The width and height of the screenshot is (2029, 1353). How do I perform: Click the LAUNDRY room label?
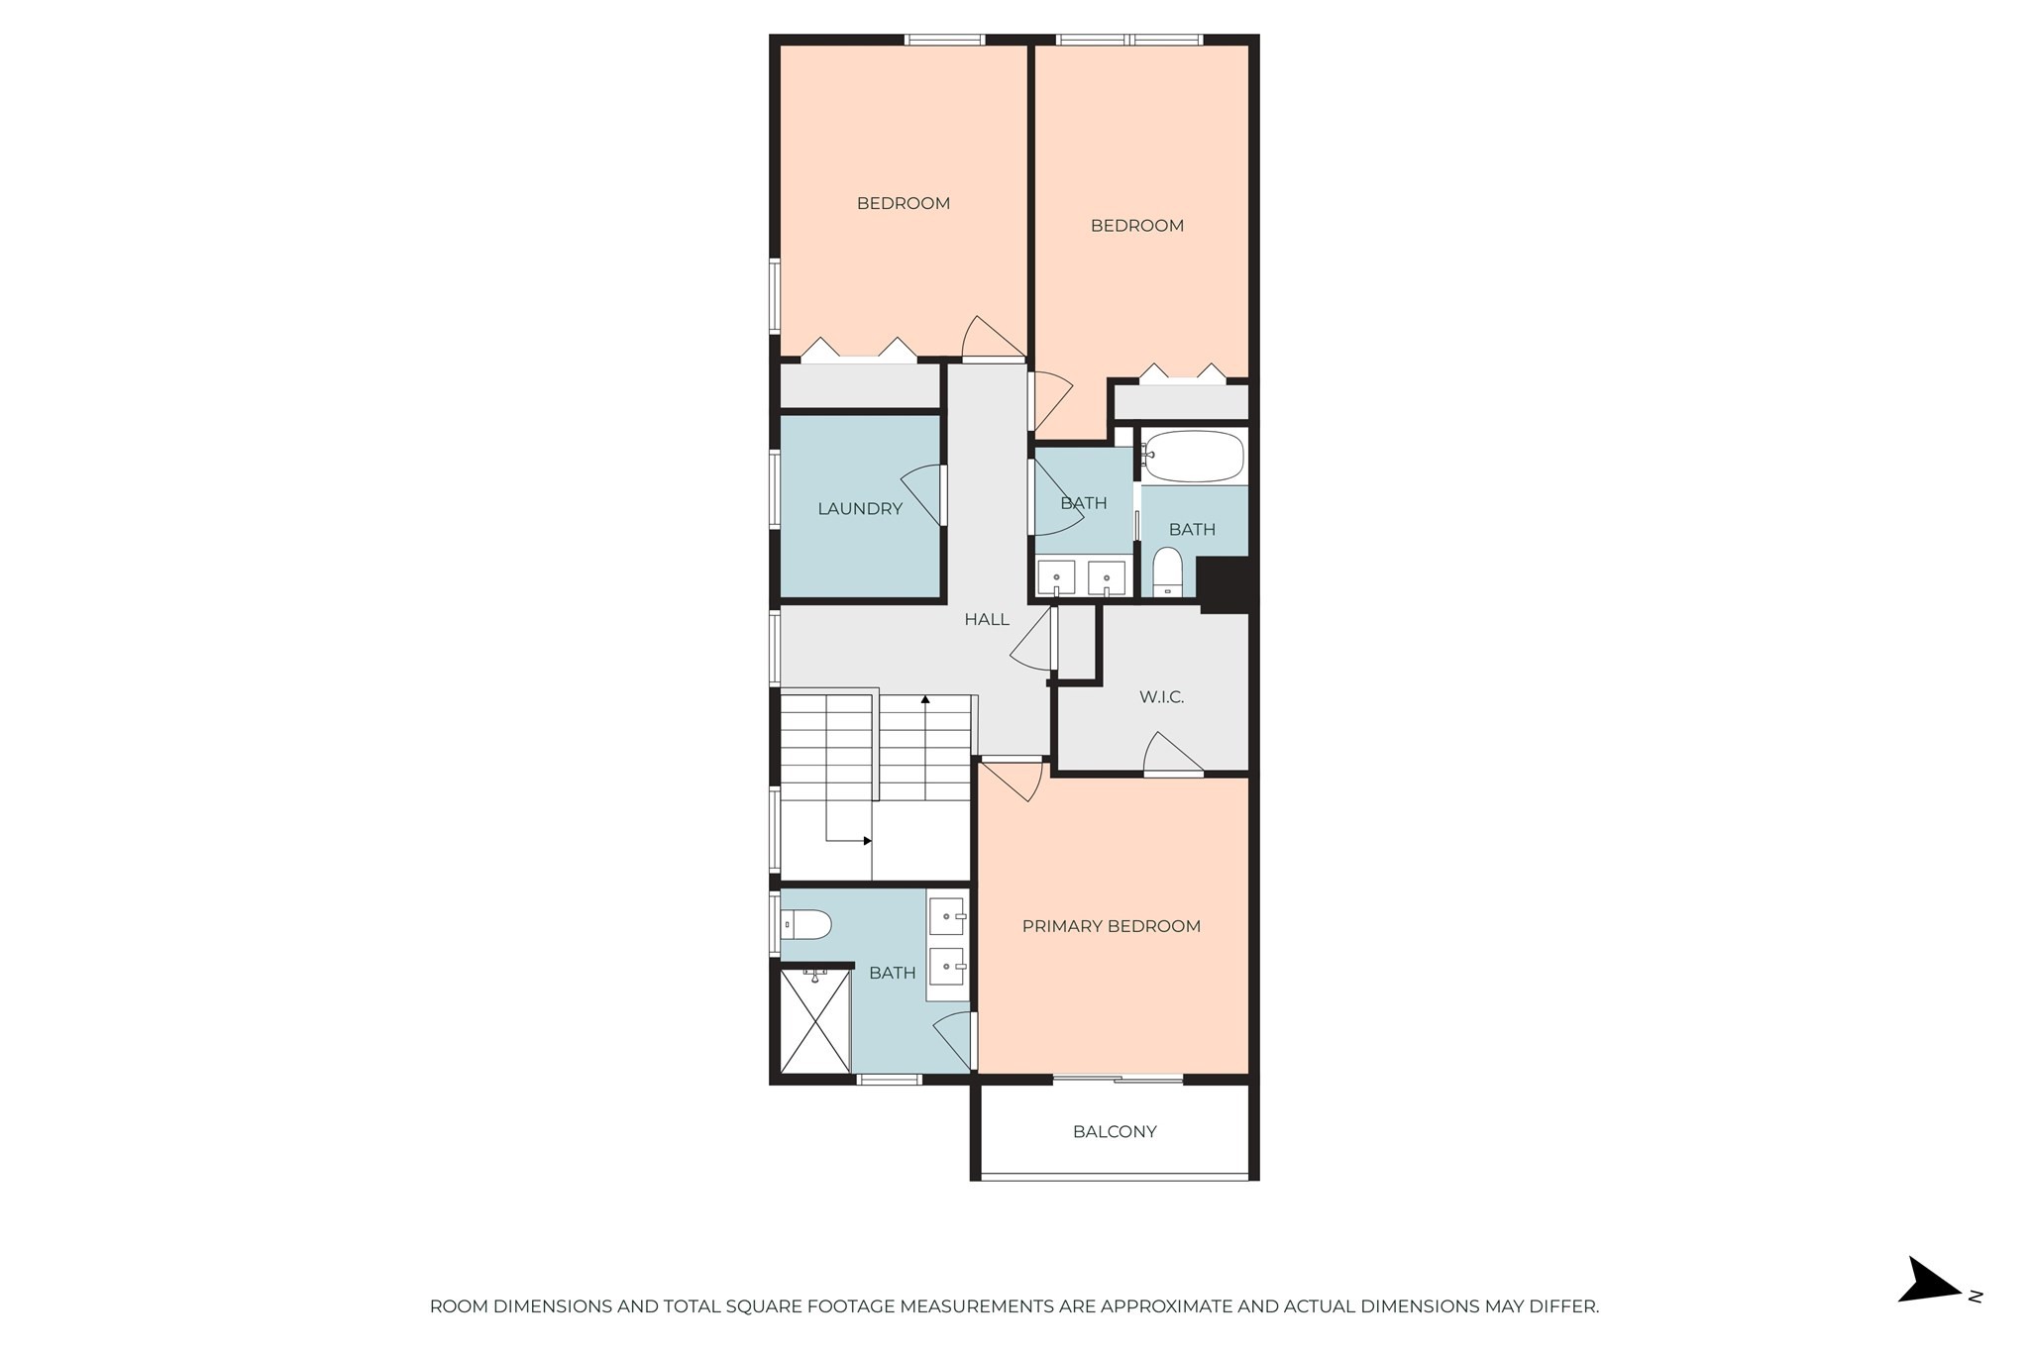859,509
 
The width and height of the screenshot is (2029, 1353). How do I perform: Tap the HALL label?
987,620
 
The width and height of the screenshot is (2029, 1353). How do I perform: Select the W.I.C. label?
1161,697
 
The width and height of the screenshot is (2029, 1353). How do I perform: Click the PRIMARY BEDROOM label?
1111,926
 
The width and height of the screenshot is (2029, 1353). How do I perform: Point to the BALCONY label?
1115,1132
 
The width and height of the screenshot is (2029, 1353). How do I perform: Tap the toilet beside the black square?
1168,572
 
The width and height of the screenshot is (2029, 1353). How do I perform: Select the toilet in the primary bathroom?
806,925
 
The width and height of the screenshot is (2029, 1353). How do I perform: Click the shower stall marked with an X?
815,1021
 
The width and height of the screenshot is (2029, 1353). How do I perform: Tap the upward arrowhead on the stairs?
925,699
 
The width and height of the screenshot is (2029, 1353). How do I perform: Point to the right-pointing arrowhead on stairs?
867,841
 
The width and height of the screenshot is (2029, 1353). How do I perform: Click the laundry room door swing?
921,495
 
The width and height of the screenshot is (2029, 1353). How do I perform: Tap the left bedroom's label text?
903,204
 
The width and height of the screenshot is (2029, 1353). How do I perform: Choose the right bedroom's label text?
1136,226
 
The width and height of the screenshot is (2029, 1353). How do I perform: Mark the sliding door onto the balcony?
1118,1078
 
